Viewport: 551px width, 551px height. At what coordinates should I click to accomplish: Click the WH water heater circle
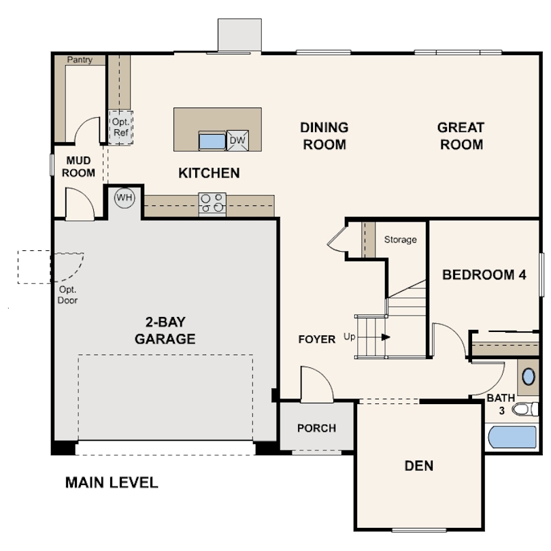click(x=124, y=198)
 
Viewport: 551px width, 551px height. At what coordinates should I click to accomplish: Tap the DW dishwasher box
click(x=237, y=141)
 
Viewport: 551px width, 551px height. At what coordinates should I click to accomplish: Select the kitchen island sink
click(x=212, y=141)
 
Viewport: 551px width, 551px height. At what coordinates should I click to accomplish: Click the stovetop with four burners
click(x=212, y=205)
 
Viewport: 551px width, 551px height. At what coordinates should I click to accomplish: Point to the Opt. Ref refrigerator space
click(x=120, y=127)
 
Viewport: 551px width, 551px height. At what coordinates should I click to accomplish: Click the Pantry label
click(x=80, y=60)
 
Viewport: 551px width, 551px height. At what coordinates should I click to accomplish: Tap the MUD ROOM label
click(x=78, y=167)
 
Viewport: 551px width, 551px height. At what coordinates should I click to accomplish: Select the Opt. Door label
click(x=67, y=295)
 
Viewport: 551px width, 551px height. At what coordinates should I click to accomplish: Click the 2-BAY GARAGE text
click(x=165, y=331)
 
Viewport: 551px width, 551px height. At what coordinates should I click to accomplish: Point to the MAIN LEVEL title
click(x=112, y=482)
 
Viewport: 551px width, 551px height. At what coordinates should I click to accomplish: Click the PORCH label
click(x=316, y=428)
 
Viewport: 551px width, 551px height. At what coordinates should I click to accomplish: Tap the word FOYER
click(x=316, y=339)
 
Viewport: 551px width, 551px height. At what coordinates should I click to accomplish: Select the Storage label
click(x=400, y=239)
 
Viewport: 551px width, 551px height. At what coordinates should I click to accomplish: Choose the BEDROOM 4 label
click(x=484, y=275)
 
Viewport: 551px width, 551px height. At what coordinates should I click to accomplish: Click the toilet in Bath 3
click(x=525, y=409)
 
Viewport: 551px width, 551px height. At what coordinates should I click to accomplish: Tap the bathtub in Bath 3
click(x=513, y=437)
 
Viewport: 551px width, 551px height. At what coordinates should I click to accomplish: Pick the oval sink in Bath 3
click(x=529, y=377)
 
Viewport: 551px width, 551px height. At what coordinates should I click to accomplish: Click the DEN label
click(x=419, y=466)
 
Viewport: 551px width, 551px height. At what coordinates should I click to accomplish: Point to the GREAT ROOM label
click(x=461, y=136)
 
